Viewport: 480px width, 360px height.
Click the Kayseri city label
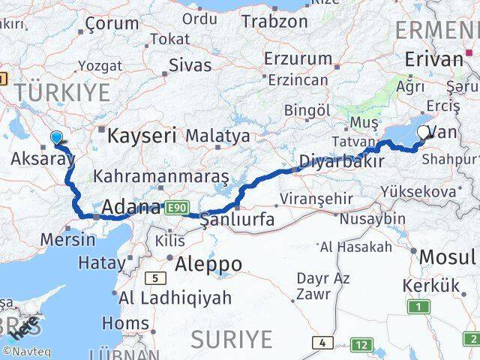[x=142, y=136]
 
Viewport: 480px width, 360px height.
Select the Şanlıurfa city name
[x=237, y=220]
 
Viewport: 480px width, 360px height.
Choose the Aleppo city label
[x=208, y=265]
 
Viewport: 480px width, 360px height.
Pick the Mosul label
[x=447, y=258]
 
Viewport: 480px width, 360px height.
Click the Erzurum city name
[x=298, y=58]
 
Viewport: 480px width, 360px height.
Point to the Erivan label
[x=433, y=60]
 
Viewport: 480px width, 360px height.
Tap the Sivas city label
[x=190, y=64]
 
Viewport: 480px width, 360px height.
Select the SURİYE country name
[x=231, y=339]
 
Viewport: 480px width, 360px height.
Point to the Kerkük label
[x=430, y=286]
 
